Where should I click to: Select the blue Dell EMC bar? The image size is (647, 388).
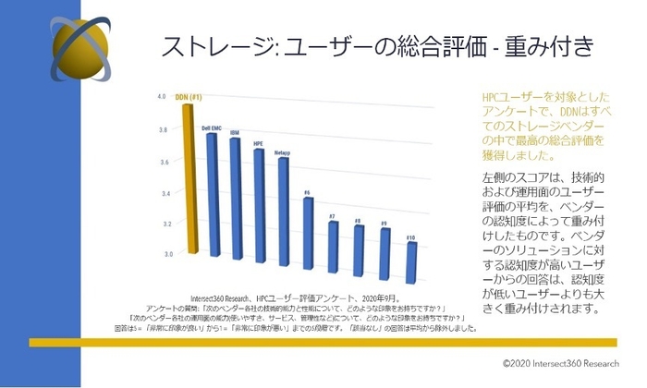pos(213,194)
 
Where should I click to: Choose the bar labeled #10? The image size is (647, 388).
pos(411,249)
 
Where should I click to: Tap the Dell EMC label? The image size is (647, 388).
pos(211,127)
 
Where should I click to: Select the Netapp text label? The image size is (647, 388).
pos(282,151)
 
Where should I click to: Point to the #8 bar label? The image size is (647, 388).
pos(358,222)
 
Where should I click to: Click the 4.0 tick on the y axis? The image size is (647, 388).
pos(162,96)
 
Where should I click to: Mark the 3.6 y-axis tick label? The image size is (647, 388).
pos(162,162)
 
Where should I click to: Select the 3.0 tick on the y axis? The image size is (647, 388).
pos(162,252)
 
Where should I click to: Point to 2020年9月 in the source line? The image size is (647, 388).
pos(344,297)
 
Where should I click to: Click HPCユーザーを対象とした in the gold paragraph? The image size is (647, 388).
pos(543,97)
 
